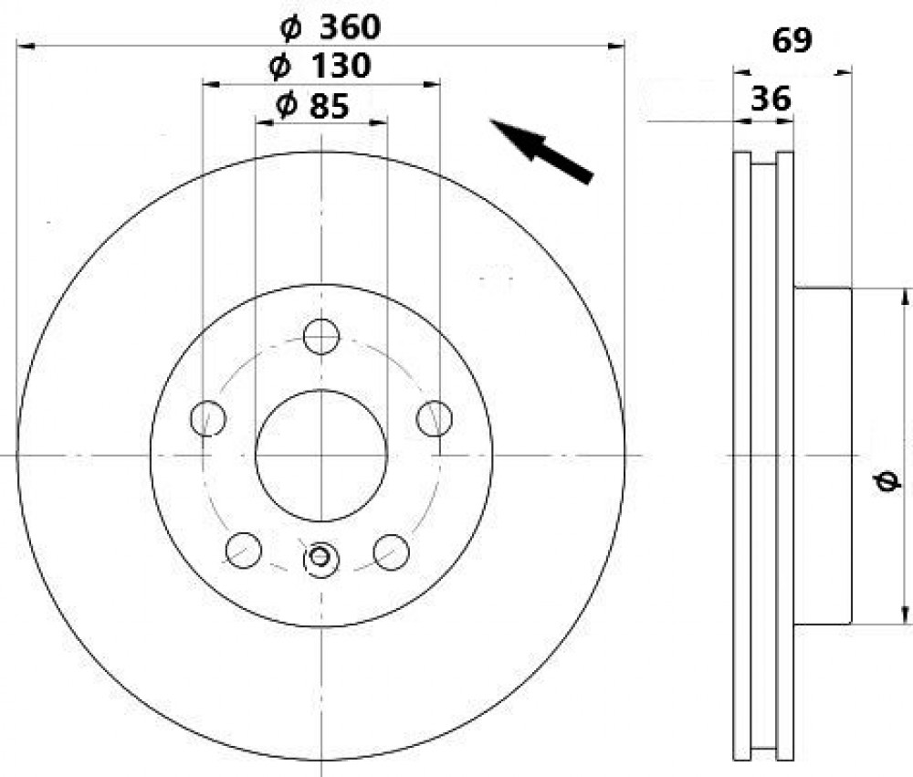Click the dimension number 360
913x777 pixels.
coord(350,27)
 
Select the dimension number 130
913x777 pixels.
coord(341,66)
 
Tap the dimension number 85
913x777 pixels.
coord(330,105)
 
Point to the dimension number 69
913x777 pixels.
coord(792,41)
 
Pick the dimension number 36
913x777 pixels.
coord(771,99)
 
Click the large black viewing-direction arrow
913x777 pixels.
coord(540,151)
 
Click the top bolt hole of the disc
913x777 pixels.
coord(321,336)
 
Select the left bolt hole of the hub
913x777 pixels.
coord(208,418)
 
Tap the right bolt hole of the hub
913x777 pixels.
coord(435,418)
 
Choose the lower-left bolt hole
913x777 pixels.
coord(244,551)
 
